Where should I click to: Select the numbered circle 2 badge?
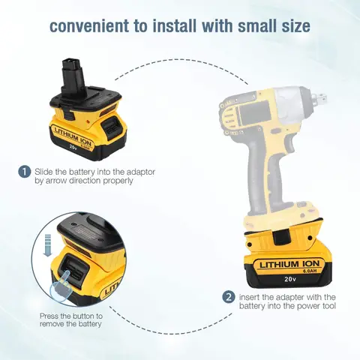228,297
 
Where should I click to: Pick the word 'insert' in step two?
252,296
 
